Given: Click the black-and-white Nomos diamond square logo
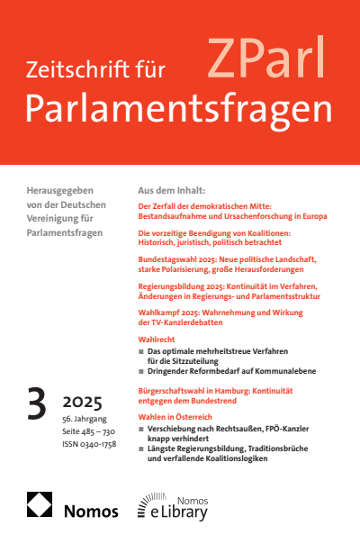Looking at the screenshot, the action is point(40,505).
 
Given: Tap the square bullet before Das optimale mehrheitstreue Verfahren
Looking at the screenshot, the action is point(140,354).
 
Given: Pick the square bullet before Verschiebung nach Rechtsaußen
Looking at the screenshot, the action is point(140,431).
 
